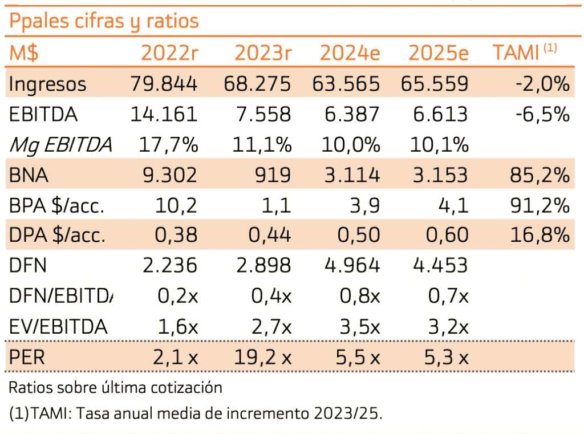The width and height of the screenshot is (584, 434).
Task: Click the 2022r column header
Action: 169,53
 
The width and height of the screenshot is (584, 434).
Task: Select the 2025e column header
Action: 438,53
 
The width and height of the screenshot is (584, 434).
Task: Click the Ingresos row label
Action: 47,84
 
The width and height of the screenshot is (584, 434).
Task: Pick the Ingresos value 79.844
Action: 164,84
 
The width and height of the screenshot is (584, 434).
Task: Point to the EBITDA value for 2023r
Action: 263,115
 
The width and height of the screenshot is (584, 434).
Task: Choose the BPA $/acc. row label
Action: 56,205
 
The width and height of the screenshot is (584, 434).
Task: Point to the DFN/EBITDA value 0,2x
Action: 176,296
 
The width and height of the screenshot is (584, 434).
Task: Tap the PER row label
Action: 27,358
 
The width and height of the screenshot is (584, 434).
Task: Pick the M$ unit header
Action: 24,53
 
